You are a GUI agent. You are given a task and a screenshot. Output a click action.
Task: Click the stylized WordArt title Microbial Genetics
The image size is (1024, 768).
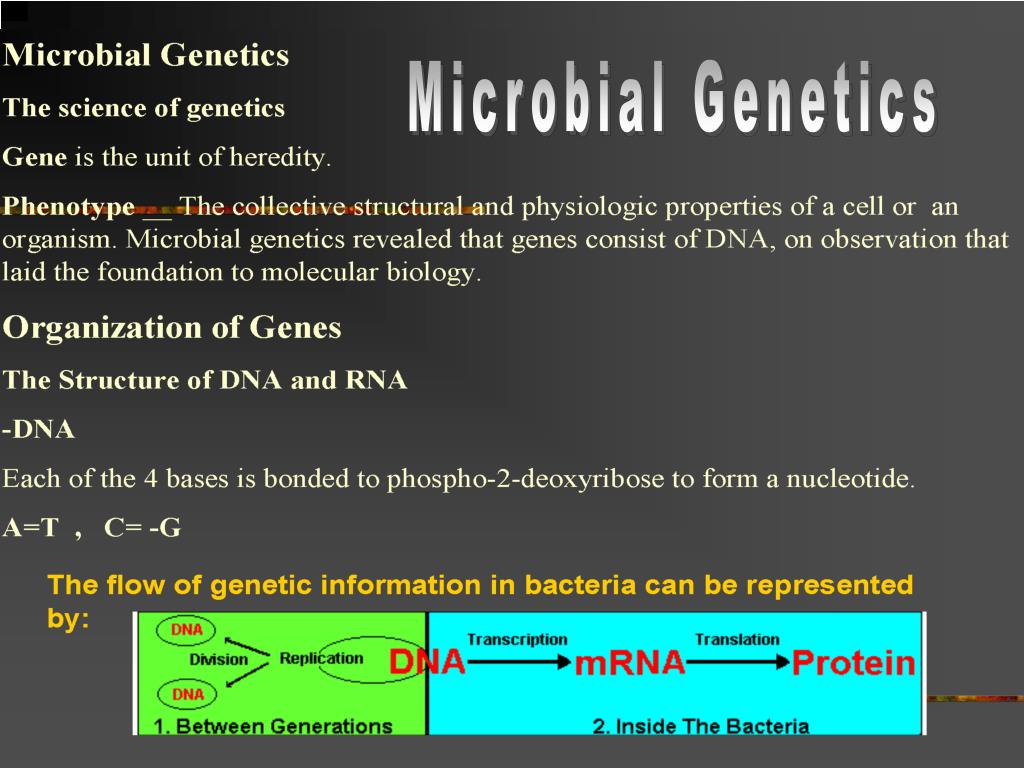(x=672, y=99)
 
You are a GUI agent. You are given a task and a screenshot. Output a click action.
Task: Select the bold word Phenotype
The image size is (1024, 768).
(x=69, y=207)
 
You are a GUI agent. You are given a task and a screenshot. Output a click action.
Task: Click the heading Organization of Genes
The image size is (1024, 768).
(x=172, y=328)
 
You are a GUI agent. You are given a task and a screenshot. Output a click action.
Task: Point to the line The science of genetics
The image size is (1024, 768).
(x=144, y=108)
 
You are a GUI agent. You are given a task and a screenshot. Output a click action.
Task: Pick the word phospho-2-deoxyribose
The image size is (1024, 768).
(x=525, y=479)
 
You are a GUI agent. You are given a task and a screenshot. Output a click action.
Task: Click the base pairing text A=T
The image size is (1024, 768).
(x=31, y=528)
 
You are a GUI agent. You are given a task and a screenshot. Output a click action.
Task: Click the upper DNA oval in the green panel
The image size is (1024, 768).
(x=187, y=629)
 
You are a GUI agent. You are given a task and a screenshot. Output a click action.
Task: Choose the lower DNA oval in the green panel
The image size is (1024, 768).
(x=187, y=694)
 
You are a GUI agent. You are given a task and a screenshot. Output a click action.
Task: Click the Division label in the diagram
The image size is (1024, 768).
(x=218, y=659)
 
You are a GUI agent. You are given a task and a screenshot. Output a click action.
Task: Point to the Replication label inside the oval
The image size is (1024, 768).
(x=321, y=658)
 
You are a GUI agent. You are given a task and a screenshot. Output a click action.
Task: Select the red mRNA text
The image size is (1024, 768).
(x=629, y=662)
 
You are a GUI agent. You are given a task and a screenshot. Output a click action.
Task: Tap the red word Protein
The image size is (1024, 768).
(x=853, y=663)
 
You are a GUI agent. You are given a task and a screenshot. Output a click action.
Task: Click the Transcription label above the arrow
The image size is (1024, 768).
(x=516, y=639)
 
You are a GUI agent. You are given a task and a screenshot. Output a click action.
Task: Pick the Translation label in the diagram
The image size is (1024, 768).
(x=737, y=639)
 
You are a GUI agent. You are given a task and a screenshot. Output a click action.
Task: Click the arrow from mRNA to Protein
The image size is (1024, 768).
(x=738, y=662)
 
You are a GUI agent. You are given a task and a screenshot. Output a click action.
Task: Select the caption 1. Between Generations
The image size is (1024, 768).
(x=273, y=725)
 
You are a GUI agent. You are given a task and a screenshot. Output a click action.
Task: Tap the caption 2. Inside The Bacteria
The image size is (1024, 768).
(x=700, y=726)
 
